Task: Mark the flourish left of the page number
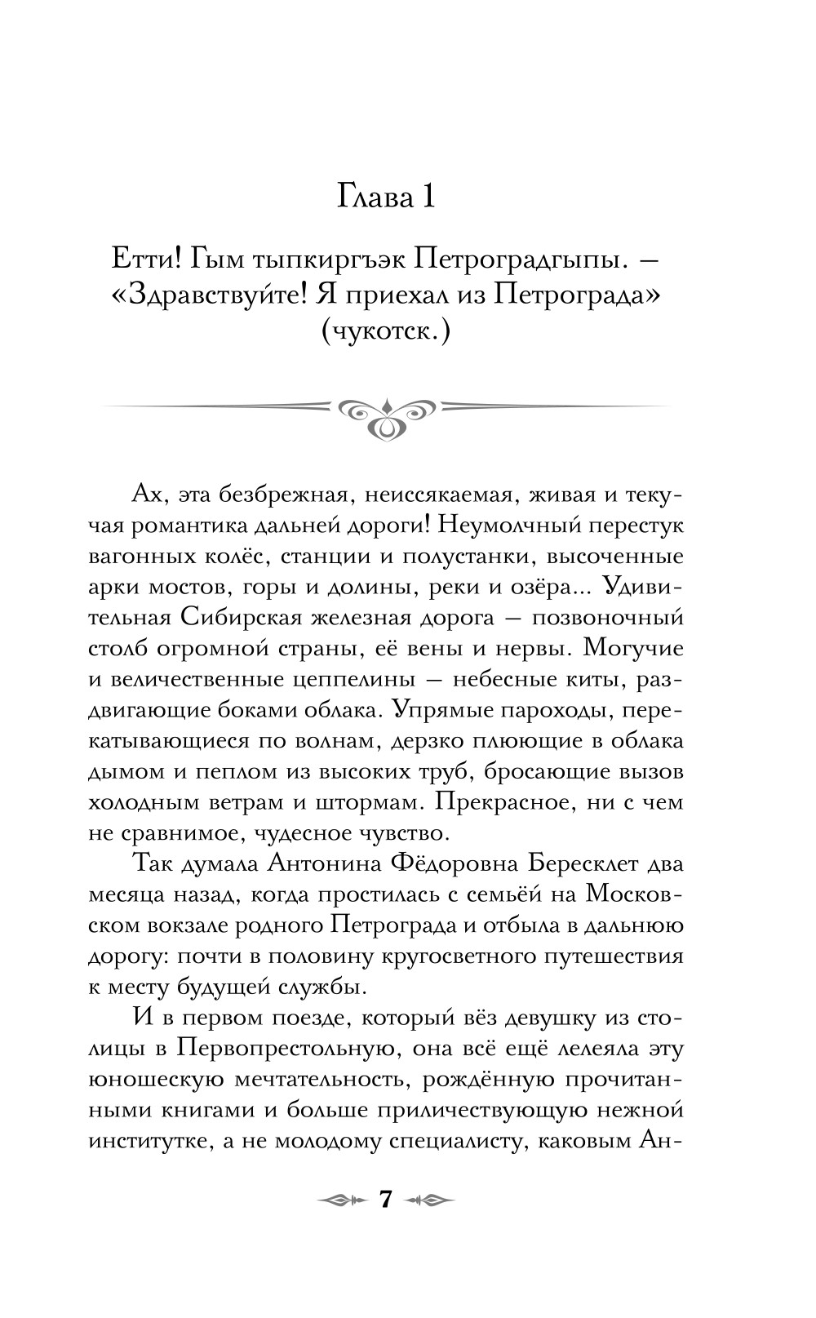click(x=337, y=1200)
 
